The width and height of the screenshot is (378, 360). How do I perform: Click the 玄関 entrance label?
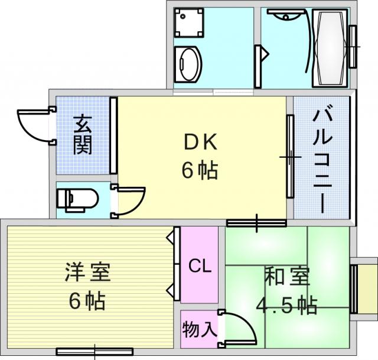83,135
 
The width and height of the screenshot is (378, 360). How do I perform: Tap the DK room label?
200,142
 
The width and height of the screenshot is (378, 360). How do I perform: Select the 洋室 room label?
88,273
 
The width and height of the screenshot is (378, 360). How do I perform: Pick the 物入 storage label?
200,330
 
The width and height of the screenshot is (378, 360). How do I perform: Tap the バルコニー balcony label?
322,159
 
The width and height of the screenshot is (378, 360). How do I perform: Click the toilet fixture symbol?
77,200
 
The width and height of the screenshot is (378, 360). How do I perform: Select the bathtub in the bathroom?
330,48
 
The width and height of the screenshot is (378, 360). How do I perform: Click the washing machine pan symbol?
189,22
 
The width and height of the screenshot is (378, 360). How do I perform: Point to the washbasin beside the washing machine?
188,64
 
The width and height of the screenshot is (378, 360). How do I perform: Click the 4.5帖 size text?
286,304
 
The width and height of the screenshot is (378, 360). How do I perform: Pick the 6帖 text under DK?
200,170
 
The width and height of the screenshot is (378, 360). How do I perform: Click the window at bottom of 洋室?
94,352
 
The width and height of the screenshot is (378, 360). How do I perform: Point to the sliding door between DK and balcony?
290,157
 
